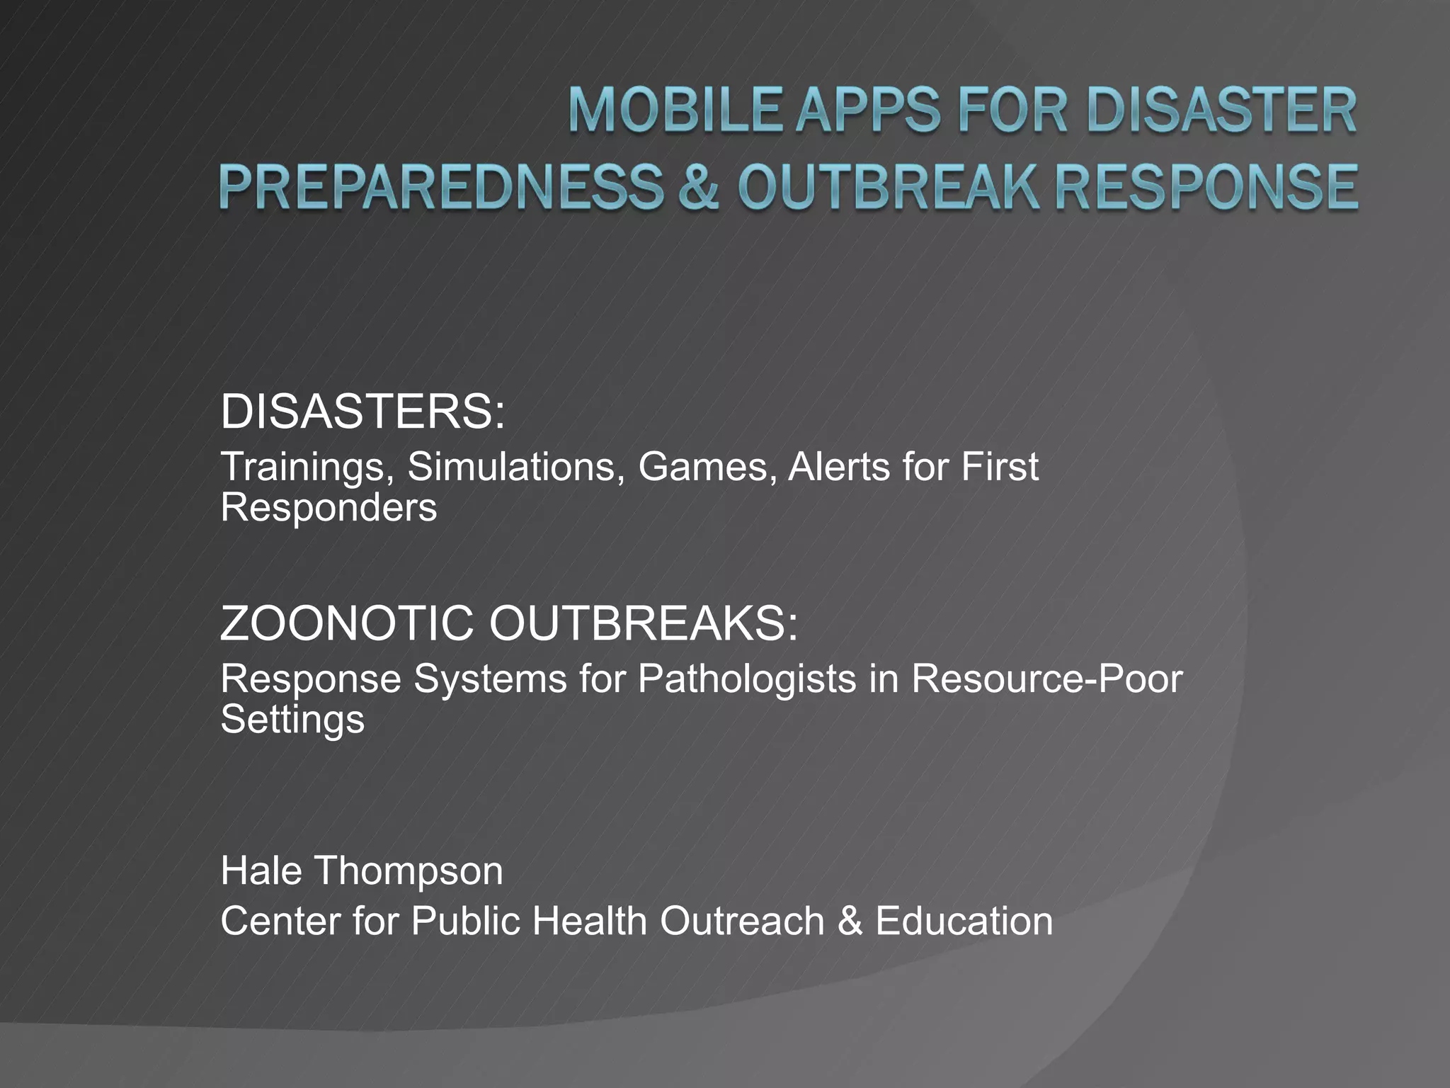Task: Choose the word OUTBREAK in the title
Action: tap(889, 187)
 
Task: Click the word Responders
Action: tap(329, 507)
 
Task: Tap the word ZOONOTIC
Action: tap(346, 623)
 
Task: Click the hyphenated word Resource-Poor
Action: tap(1046, 679)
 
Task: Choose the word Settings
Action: tap(292, 720)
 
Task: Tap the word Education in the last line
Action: tap(964, 921)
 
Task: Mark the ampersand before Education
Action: tap(850, 921)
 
